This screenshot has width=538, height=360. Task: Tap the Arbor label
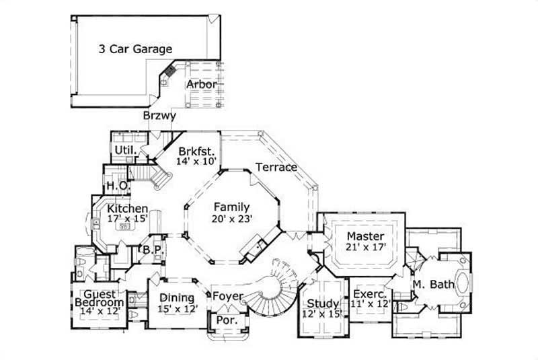click(201, 85)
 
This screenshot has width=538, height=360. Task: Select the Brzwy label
click(159, 116)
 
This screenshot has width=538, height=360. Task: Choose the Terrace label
click(276, 167)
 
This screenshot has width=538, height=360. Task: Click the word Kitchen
click(126, 209)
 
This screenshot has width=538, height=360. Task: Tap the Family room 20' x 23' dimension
click(231, 219)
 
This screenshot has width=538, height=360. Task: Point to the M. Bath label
click(434, 285)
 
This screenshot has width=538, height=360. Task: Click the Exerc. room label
click(367, 294)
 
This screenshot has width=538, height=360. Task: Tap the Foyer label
click(227, 295)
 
